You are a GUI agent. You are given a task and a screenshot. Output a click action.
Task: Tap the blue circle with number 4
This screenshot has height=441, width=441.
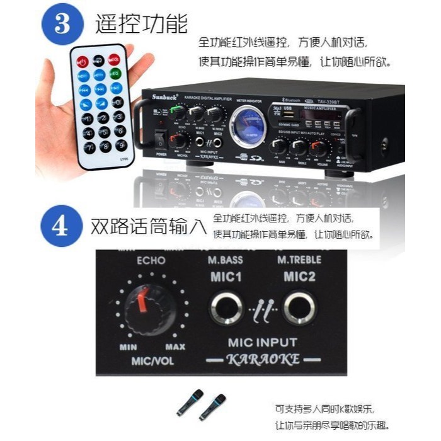pyautogui.click(x=62, y=226)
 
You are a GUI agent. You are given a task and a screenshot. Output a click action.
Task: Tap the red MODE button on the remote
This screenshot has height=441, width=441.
pyautogui.click(x=114, y=60)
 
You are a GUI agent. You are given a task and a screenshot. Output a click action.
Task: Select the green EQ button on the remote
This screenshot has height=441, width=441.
pyautogui.click(x=115, y=74)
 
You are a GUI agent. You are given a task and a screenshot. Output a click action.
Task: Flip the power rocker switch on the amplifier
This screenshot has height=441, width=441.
pyautogui.click(x=161, y=137)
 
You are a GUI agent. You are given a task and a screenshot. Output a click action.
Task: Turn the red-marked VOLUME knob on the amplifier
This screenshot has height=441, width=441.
pyautogui.click(x=319, y=149)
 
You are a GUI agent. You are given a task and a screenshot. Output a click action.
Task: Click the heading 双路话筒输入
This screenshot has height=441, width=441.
pyautogui.click(x=148, y=226)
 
